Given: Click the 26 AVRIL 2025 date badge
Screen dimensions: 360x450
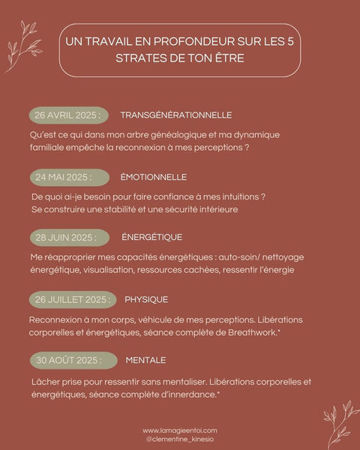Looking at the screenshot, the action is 67,115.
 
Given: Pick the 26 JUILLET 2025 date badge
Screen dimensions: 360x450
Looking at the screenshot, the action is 73,299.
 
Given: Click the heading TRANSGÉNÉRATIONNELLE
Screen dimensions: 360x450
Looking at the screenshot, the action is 175,115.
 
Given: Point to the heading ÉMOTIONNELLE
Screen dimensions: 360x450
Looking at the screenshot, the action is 153,177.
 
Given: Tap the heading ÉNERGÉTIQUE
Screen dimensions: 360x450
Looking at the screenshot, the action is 151,238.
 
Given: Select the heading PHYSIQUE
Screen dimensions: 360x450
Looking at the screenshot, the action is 146,299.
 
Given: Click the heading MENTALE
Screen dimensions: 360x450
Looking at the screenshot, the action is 146,360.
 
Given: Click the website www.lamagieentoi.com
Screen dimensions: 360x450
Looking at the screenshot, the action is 180,430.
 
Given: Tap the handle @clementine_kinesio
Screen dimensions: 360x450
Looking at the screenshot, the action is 180,439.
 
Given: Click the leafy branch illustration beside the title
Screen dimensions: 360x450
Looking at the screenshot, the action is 22,45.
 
